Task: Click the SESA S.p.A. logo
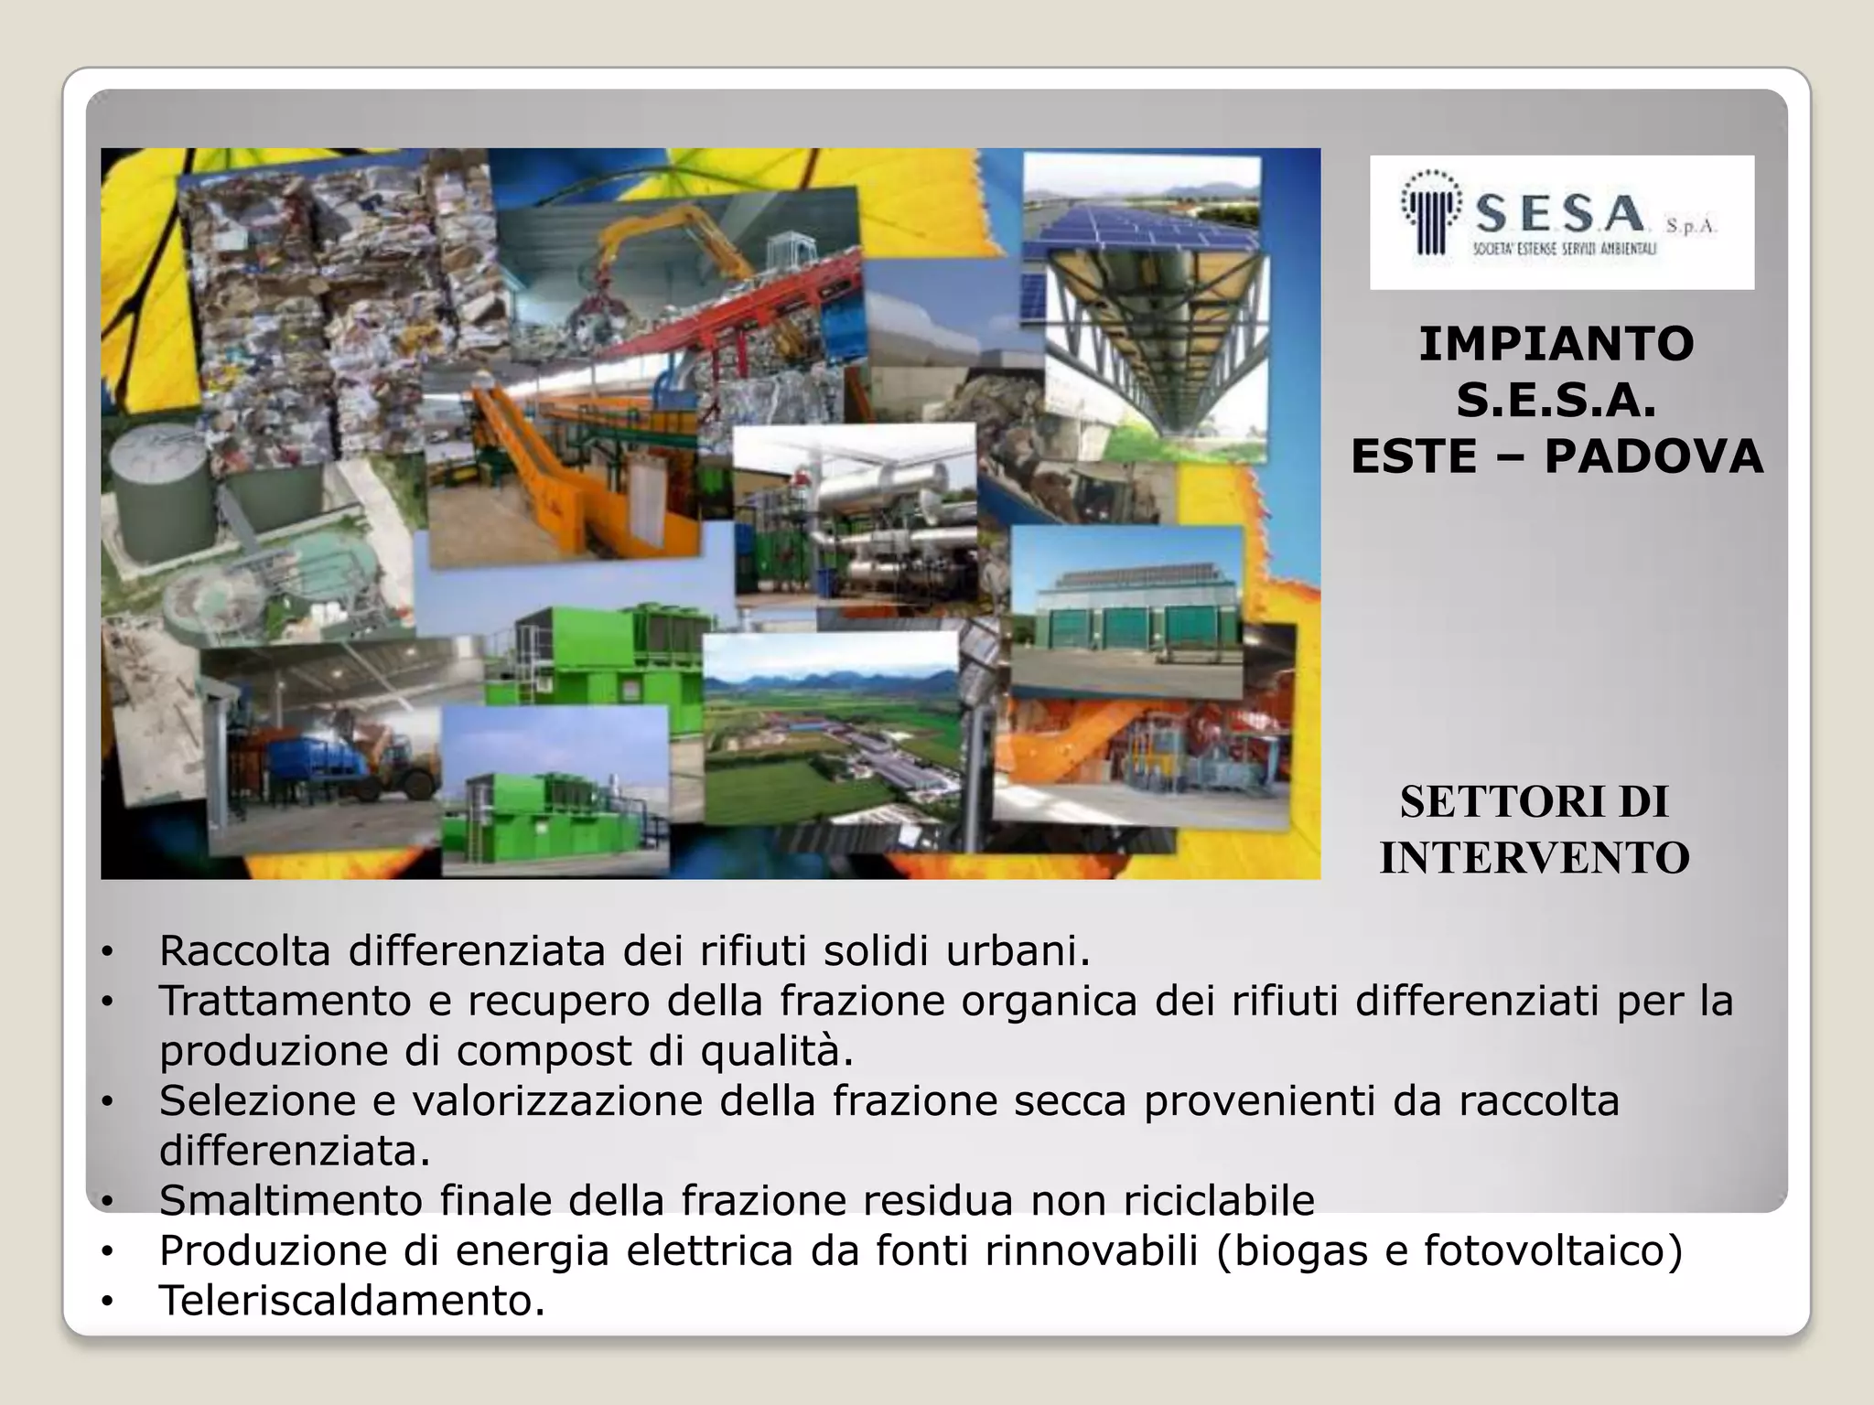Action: (x=1561, y=222)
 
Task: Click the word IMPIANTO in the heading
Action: (x=1556, y=345)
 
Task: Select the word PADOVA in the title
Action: (x=1653, y=457)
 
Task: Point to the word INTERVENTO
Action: (x=1535, y=859)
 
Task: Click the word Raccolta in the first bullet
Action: (x=244, y=951)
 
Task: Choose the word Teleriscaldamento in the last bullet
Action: (x=351, y=1300)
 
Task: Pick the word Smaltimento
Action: (x=290, y=1200)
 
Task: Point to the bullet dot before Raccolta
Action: (x=108, y=953)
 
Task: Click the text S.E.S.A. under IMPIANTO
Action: (x=1556, y=401)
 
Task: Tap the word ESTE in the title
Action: (x=1414, y=457)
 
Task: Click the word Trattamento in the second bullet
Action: (x=285, y=1001)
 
